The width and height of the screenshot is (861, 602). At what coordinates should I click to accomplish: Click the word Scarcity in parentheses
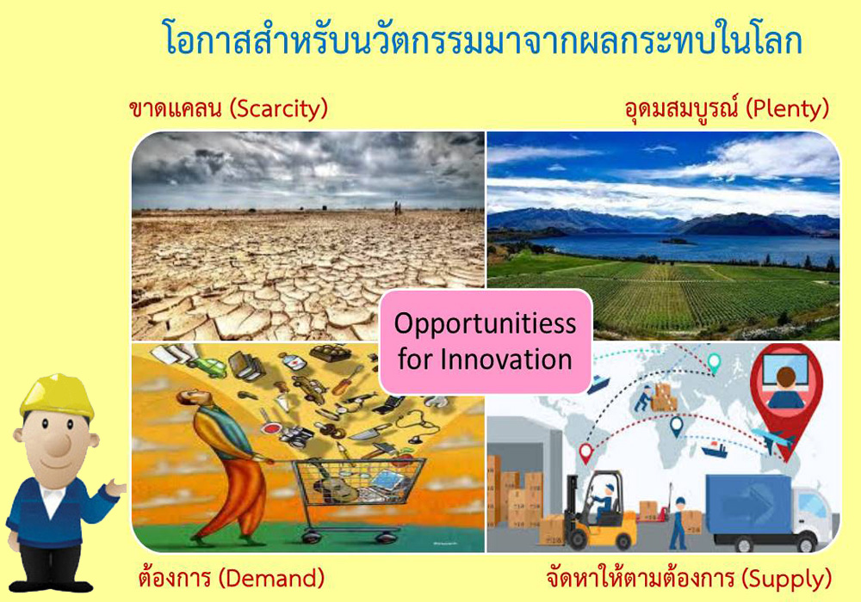coord(278,109)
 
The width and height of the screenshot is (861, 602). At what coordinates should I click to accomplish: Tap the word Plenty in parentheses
coord(788,109)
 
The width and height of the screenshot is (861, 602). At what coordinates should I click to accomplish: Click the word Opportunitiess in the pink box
coord(485,323)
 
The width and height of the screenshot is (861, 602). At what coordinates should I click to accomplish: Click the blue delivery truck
coord(769,512)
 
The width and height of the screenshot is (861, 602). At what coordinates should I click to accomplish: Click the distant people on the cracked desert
coord(396,208)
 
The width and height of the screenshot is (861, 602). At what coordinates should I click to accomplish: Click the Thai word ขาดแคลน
coord(175,109)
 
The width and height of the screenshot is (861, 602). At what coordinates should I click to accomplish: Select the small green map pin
coord(714,363)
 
